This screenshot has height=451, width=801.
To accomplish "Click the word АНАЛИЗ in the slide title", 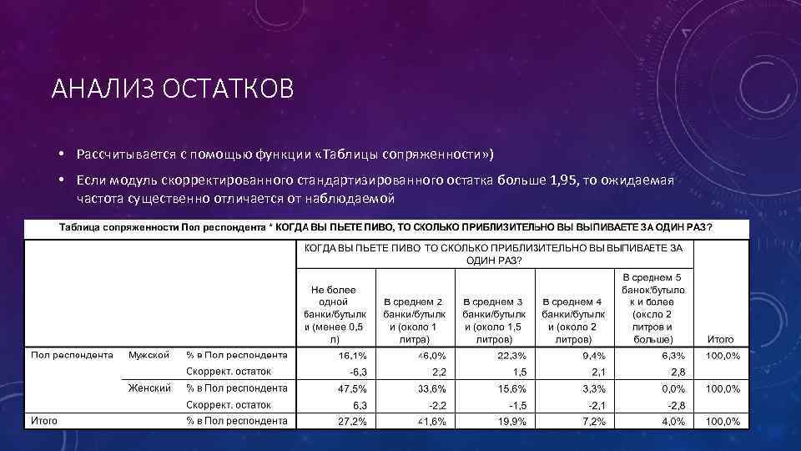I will pos(98,89).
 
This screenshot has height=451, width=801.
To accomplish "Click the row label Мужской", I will pos(149,355).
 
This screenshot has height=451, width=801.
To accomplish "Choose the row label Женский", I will pos(149,388).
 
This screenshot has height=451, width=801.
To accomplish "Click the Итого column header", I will pos(720,340).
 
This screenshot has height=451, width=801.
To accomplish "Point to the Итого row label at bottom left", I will pos(44,421).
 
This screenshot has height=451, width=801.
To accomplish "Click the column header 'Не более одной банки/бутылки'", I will pos(335,313).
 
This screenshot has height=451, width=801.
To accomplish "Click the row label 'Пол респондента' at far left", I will pos(72,355).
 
